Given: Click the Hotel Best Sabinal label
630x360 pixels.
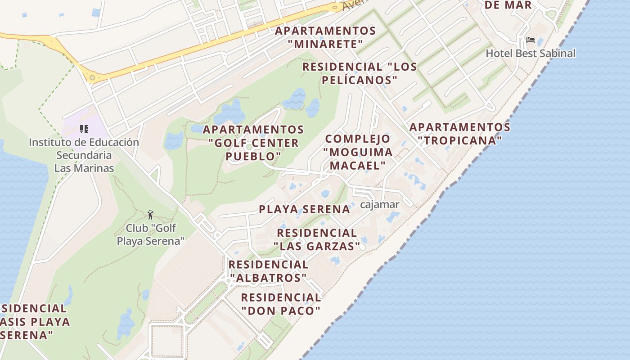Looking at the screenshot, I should click(530, 53).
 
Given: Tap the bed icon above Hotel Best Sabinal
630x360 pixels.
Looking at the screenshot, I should click(530, 40).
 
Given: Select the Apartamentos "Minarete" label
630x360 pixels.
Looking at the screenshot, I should click(325, 37).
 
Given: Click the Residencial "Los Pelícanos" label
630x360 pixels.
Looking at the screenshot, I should click(359, 73).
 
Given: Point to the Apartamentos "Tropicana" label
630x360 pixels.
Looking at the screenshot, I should click(459, 134).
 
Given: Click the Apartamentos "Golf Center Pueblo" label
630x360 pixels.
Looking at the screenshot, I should click(253, 143).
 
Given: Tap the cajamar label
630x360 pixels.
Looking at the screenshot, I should click(379, 205).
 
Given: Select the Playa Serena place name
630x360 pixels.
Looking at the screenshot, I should click(304, 209).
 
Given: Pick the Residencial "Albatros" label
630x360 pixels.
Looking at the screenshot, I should click(268, 271).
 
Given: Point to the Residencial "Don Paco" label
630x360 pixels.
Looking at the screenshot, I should click(281, 304).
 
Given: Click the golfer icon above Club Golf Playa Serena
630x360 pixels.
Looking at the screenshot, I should click(150, 214).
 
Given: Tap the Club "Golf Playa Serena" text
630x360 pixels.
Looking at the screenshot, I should click(150, 234).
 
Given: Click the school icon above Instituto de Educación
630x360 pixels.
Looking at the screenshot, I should click(84, 130).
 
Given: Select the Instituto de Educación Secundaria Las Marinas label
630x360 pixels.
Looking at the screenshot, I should click(84, 155).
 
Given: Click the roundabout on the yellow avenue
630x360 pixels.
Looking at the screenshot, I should click(92, 78).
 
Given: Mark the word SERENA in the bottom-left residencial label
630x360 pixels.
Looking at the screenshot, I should click(27, 335).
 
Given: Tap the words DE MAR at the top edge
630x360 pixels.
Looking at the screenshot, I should click(508, 5).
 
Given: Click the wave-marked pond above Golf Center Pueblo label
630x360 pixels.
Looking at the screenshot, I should click(295, 99).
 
